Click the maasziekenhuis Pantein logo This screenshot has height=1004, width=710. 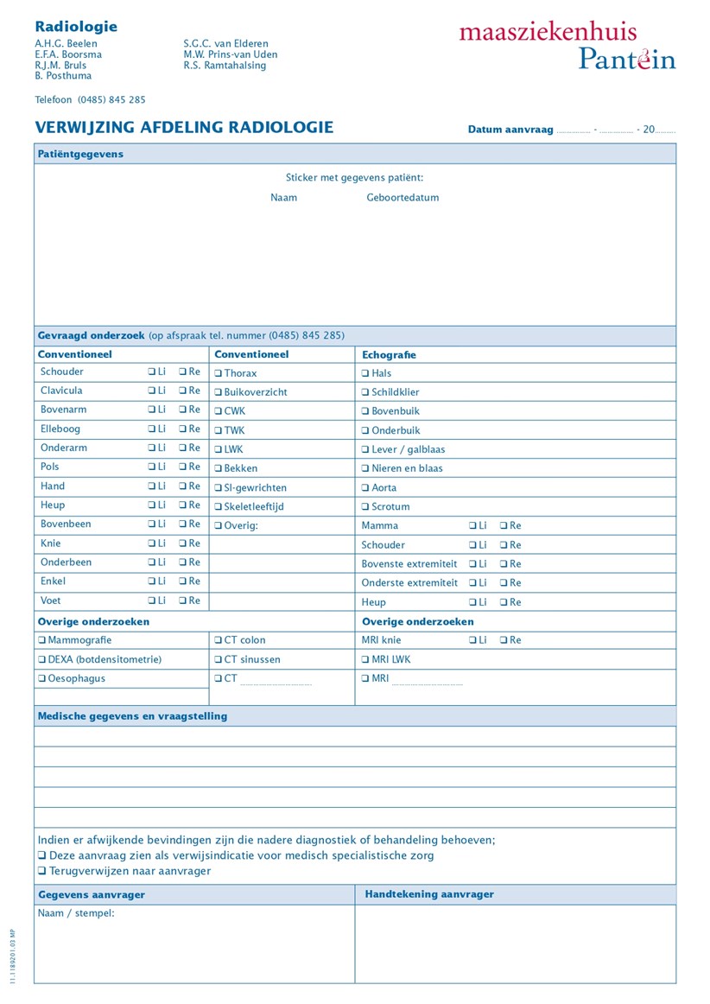point(567,45)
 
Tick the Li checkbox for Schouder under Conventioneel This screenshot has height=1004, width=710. point(151,372)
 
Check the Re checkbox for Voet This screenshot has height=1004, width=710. point(182,600)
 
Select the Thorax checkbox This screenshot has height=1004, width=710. point(219,373)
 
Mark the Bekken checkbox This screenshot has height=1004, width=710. point(219,468)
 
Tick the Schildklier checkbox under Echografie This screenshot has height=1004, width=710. point(365,392)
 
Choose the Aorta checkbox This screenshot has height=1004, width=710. point(365,488)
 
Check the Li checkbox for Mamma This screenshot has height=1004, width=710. point(472,525)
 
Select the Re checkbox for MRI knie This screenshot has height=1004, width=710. point(504,640)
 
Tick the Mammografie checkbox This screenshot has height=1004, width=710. point(41,640)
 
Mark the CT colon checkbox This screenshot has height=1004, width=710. point(219,640)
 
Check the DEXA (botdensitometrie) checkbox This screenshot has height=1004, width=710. point(41,659)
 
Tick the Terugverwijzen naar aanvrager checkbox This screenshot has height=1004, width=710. point(41,871)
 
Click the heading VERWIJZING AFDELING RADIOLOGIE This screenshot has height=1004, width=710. point(184,128)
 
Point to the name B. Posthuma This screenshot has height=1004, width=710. point(63,76)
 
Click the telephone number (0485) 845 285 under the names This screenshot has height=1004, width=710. point(111,99)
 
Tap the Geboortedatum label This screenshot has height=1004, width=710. point(403,198)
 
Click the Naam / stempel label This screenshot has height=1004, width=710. point(76,913)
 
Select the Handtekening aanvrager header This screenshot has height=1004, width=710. point(429,894)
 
